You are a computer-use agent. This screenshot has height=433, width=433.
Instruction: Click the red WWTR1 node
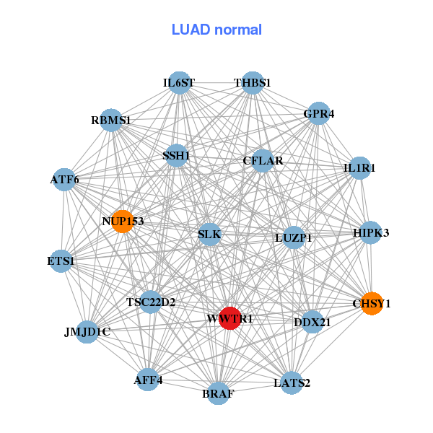coord(229,318)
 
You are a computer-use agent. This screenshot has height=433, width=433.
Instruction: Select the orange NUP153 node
coord(123,221)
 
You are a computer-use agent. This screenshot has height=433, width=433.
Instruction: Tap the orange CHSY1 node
coord(371,304)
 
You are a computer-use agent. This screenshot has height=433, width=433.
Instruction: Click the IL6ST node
coord(179,83)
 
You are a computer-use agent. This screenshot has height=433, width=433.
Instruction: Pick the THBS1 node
coord(253,83)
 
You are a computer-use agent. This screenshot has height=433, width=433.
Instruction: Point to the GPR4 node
coord(318,113)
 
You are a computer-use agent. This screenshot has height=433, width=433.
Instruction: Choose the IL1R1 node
coord(359,168)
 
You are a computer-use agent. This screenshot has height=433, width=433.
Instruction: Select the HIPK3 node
coord(371,232)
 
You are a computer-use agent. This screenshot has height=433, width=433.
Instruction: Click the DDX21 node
coord(312,322)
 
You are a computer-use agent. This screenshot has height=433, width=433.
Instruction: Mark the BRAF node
coord(218,394)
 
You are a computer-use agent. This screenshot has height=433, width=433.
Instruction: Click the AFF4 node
coord(148,380)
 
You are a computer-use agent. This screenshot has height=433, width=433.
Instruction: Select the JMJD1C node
coord(87,332)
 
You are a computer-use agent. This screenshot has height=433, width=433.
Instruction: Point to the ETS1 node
coord(61,261)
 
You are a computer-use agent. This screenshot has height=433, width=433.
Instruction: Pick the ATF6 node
coord(64,179)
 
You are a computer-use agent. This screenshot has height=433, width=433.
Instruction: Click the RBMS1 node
coord(111,120)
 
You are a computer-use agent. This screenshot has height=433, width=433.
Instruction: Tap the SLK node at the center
coord(209,235)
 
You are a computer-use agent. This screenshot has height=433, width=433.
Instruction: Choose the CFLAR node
coord(263,161)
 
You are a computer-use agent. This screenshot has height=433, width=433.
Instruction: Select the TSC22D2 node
coord(150,302)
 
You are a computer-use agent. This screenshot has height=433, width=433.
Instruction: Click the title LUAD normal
coord(216,30)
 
